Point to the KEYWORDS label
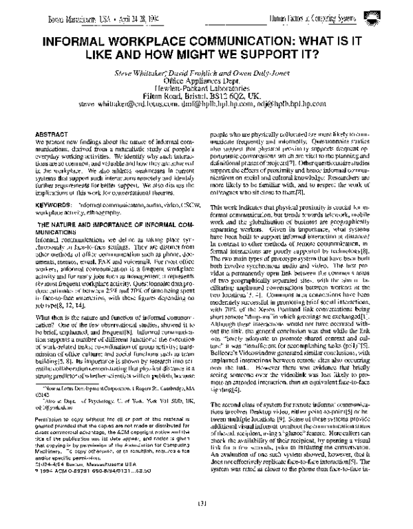53,186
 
